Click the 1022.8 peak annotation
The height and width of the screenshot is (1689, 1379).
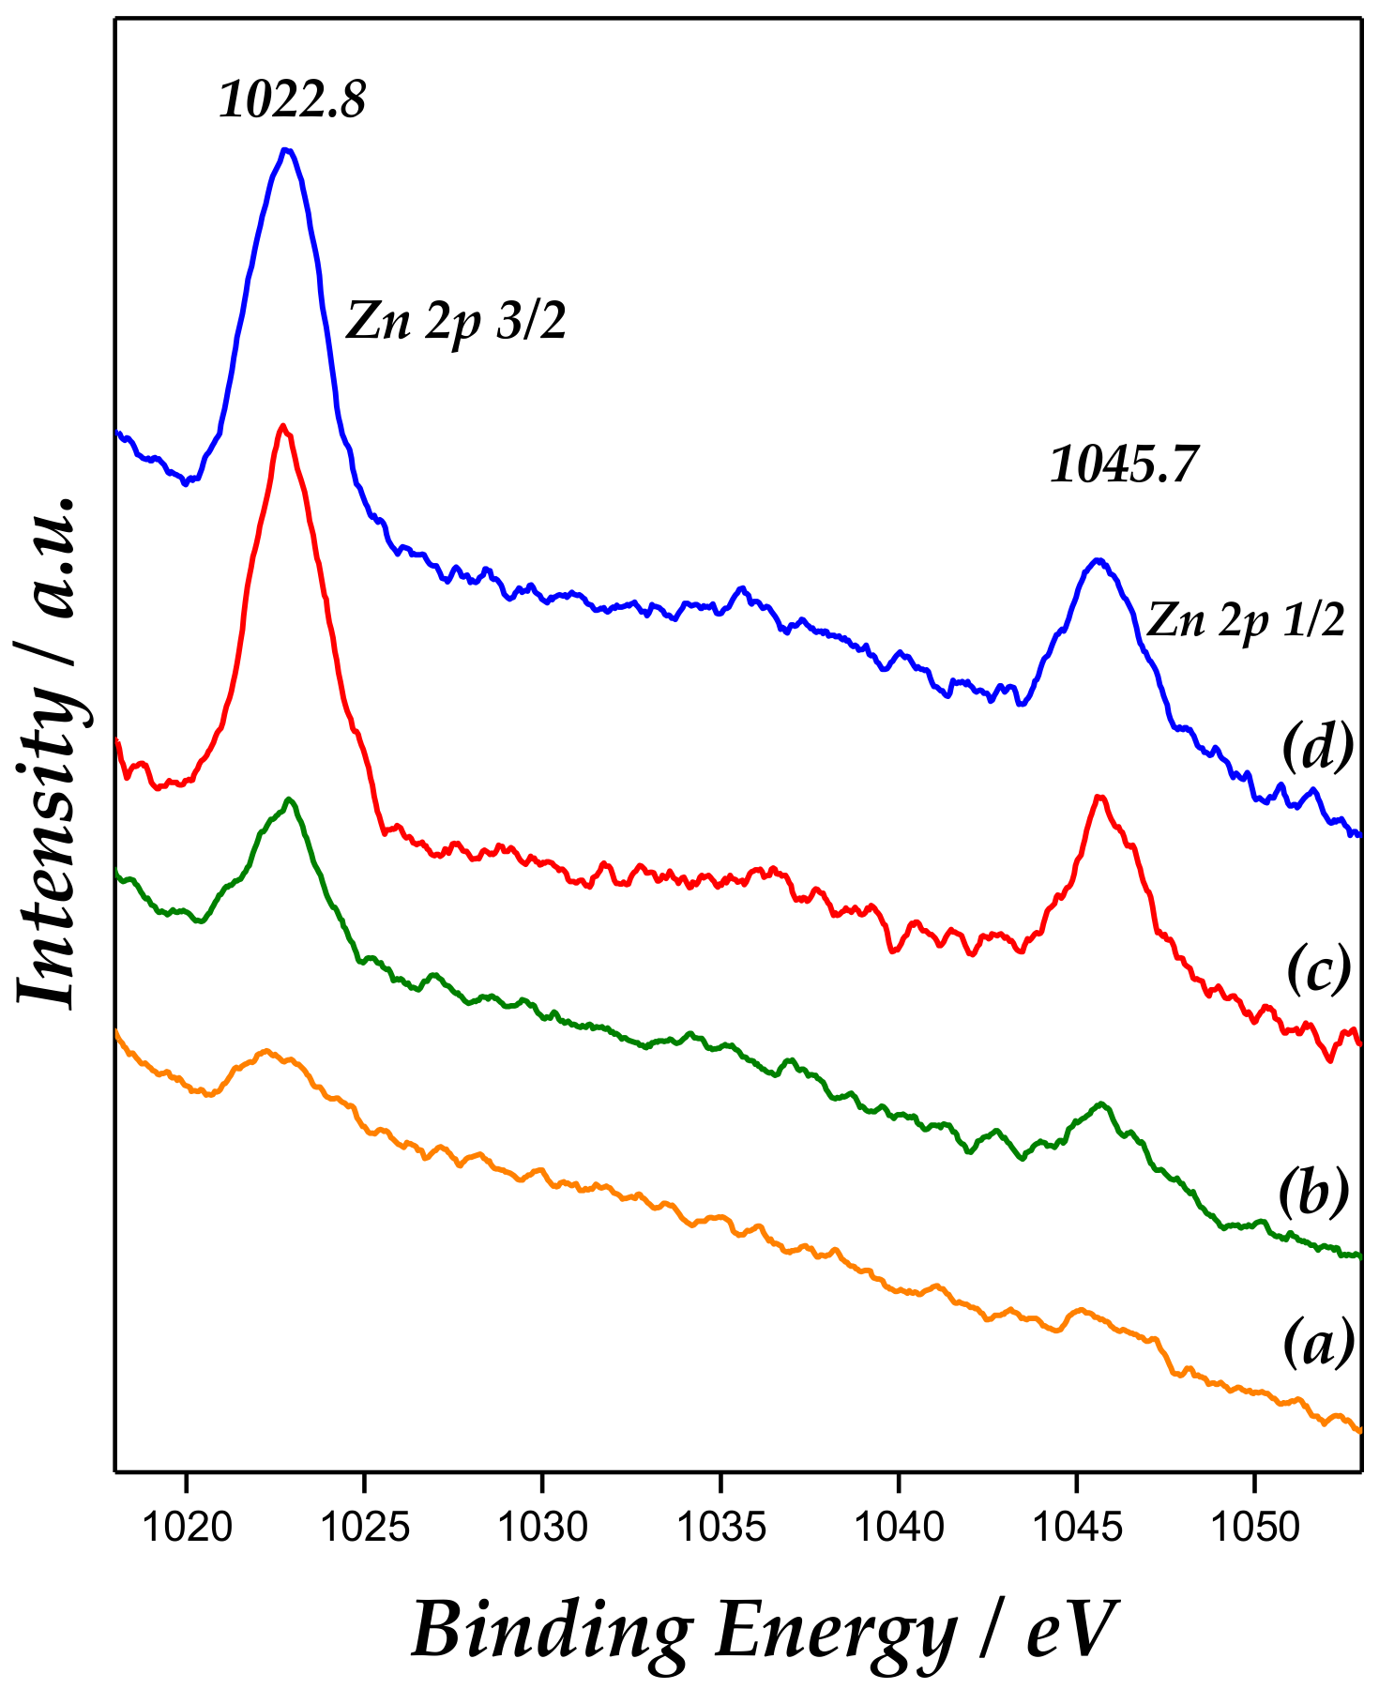[x=292, y=99]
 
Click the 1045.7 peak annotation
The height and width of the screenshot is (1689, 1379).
[x=1124, y=464]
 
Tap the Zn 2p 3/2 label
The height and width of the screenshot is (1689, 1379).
[x=457, y=322]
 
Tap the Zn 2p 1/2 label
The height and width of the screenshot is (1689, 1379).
[x=1246, y=621]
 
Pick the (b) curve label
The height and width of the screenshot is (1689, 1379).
[x=1313, y=1192]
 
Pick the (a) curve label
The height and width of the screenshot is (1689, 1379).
[x=1318, y=1342]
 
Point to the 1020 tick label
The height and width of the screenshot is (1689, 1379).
[x=187, y=1527]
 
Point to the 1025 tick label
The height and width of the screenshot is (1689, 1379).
[x=365, y=1527]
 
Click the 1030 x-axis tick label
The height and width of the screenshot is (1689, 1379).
[x=542, y=1527]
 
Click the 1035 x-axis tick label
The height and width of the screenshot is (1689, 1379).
[x=720, y=1527]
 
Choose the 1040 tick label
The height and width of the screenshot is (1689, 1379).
[x=899, y=1527]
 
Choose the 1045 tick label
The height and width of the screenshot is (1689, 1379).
[x=1076, y=1527]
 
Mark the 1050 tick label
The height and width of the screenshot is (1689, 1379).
[x=1254, y=1527]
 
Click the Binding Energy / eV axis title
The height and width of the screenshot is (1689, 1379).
[x=765, y=1630]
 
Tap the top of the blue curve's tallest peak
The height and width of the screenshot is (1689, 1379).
[x=286, y=149]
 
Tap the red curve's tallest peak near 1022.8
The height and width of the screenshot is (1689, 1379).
[x=283, y=426]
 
